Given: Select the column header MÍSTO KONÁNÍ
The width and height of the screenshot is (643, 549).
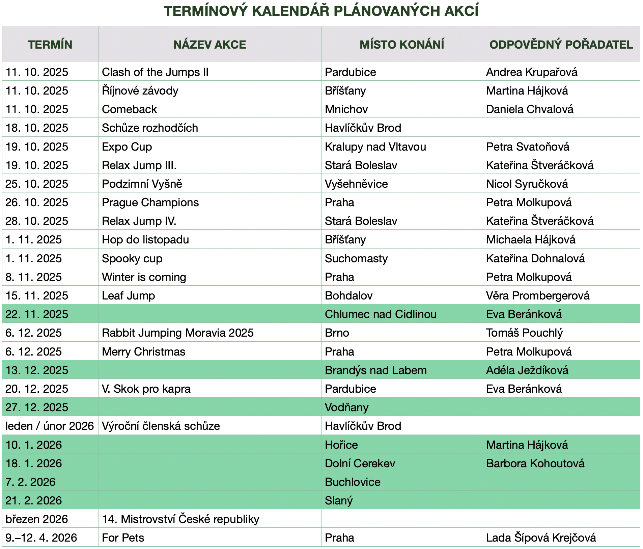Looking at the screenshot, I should pyautogui.click(x=402, y=45).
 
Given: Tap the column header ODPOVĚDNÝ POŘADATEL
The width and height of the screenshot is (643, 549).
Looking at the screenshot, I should pyautogui.click(x=561, y=45).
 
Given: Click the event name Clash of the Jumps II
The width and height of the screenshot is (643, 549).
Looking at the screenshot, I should pyautogui.click(x=155, y=72).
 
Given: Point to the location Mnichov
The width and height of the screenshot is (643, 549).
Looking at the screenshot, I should pyautogui.click(x=346, y=109).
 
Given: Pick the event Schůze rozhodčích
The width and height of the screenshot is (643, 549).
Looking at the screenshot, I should pyautogui.click(x=150, y=128).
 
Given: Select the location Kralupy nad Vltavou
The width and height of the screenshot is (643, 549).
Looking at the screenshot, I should pyautogui.click(x=375, y=147).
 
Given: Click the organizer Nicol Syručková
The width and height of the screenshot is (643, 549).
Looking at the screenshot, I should pyautogui.click(x=527, y=184).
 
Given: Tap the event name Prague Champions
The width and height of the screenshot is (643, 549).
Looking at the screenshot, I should pyautogui.click(x=150, y=202).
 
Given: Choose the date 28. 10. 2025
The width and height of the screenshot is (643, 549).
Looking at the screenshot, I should pyautogui.click(x=37, y=221).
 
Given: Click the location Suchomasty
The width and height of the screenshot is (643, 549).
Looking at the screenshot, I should pyautogui.click(x=356, y=258).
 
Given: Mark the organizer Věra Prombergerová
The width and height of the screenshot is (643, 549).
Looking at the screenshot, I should pyautogui.click(x=538, y=295).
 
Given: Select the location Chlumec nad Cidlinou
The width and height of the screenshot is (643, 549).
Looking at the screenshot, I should pyautogui.click(x=381, y=314).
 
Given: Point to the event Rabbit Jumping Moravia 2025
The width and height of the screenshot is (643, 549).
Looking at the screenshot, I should pyautogui.click(x=178, y=333).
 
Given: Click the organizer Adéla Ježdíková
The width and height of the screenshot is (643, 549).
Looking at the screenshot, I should pyautogui.click(x=527, y=370).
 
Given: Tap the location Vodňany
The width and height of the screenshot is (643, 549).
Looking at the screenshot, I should pyautogui.click(x=346, y=407).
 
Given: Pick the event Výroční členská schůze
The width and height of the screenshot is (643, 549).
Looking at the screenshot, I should pyautogui.click(x=161, y=426).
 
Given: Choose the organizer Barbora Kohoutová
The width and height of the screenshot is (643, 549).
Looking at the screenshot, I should pyautogui.click(x=535, y=463).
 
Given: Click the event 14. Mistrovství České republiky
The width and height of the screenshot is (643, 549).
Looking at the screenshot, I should pyautogui.click(x=180, y=519).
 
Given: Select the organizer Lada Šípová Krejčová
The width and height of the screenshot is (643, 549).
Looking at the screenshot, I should pyautogui.click(x=541, y=538).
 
